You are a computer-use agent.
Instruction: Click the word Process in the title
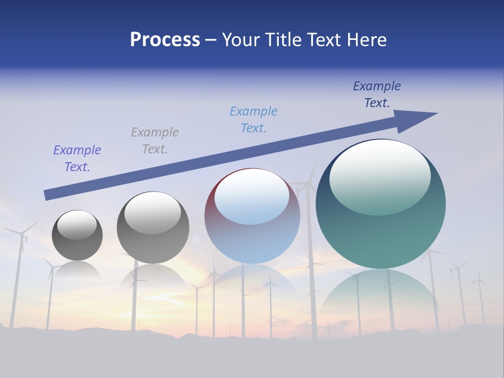(x=165, y=40)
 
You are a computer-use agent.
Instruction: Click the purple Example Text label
(x=77, y=158)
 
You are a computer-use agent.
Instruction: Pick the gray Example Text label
(x=155, y=140)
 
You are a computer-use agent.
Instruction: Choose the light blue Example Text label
(x=254, y=119)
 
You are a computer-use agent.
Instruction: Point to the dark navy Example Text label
(x=377, y=94)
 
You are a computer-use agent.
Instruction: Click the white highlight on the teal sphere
(x=380, y=176)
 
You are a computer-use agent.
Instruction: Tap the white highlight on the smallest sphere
(x=77, y=225)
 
